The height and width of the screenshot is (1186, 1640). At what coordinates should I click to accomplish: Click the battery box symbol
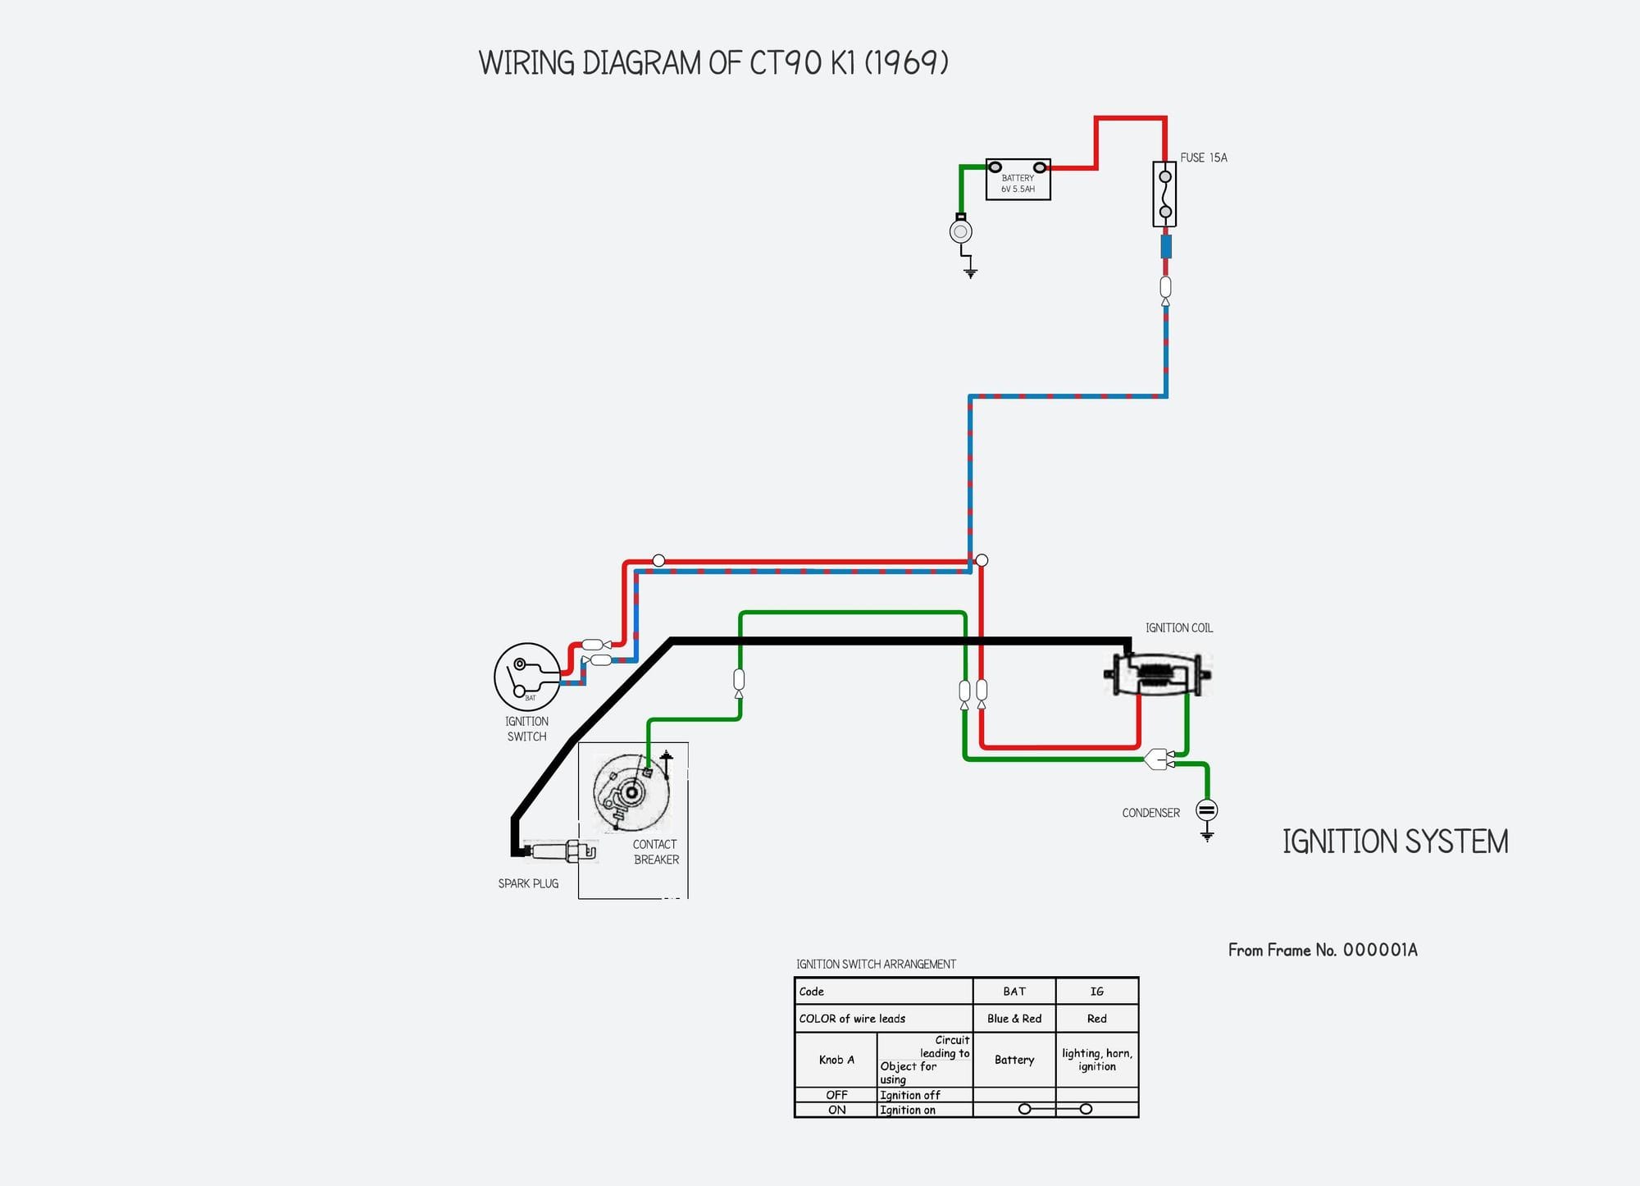[1018, 180]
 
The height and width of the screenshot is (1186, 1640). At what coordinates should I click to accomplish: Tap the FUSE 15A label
[1203, 157]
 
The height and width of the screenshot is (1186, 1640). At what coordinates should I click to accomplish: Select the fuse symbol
[1164, 194]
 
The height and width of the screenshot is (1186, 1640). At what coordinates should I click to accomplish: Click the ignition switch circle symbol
[527, 677]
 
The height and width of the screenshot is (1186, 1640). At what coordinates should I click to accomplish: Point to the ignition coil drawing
[1157, 674]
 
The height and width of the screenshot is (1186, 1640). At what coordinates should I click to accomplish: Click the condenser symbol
[1206, 810]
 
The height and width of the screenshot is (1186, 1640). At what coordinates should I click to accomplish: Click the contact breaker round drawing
[631, 792]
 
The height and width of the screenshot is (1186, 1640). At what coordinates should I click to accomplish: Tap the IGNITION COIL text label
[1178, 628]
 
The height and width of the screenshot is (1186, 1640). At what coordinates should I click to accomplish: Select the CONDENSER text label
[1150, 813]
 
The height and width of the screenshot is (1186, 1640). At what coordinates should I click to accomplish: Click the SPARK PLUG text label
[528, 883]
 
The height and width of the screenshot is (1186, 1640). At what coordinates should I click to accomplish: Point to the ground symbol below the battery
[970, 271]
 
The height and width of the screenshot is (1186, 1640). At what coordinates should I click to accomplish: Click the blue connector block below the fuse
[1165, 247]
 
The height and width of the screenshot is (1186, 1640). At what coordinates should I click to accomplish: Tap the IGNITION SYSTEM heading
[1395, 842]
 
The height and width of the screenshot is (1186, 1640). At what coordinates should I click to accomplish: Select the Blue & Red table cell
[1014, 1019]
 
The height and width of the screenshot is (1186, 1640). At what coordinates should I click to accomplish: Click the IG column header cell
[1096, 992]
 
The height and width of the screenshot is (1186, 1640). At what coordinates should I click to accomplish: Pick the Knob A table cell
[836, 1060]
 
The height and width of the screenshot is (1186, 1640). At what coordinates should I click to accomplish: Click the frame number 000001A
[1380, 950]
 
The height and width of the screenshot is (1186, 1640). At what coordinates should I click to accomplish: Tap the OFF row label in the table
[836, 1095]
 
